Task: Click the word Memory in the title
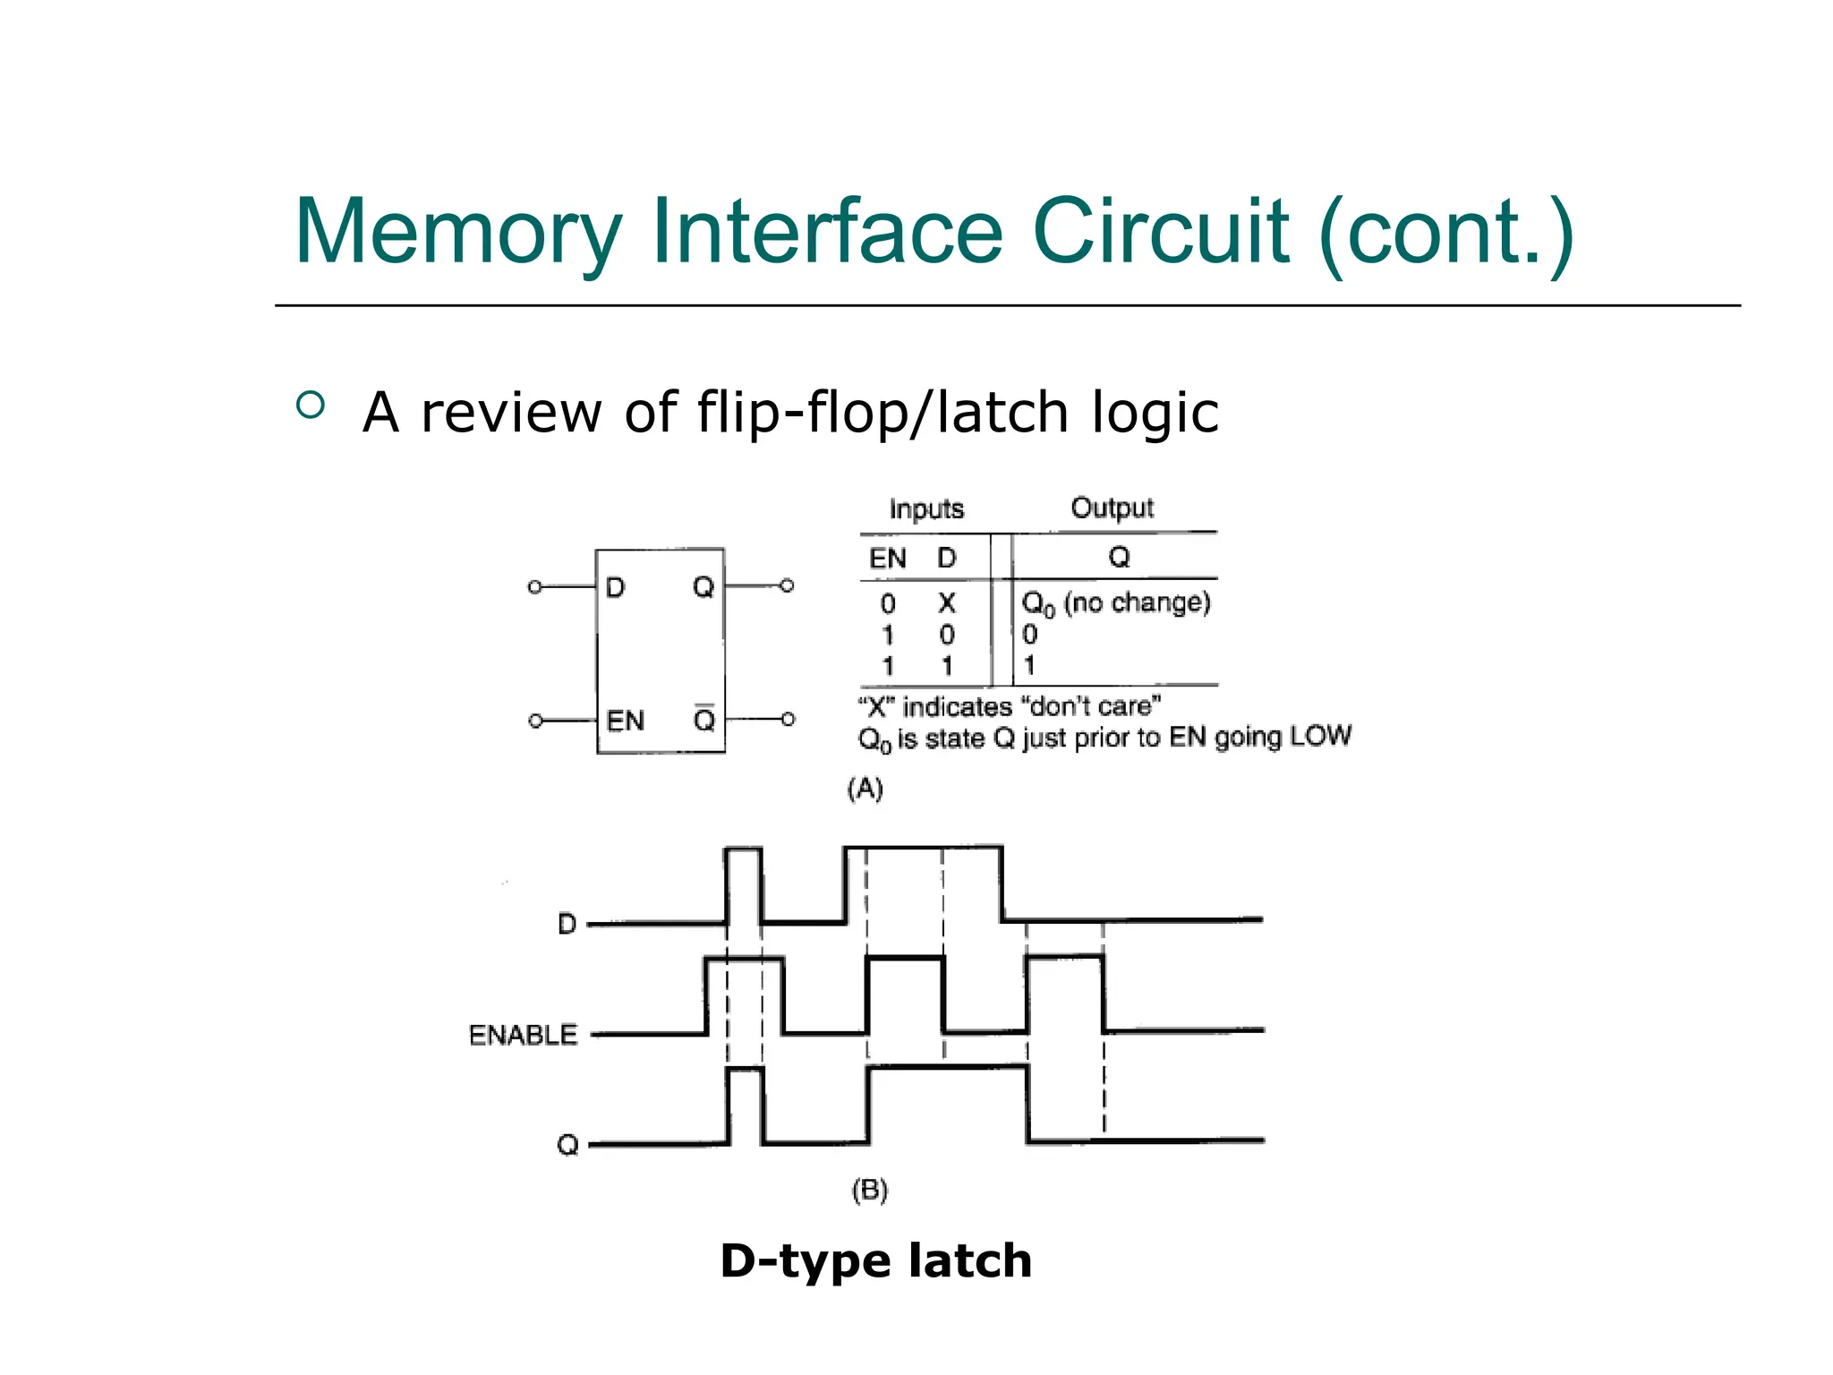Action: tap(456, 233)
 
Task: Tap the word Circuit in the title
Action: tap(1160, 233)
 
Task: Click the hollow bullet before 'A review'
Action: tap(310, 406)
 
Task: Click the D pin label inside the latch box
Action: tap(615, 588)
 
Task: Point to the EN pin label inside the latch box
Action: tap(625, 721)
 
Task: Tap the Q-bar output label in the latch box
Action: tap(704, 719)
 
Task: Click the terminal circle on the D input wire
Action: tap(534, 587)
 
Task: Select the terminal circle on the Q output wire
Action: tap(787, 586)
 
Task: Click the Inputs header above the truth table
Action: tap(926, 509)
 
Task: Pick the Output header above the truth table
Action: tap(1112, 508)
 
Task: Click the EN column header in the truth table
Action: tap(888, 559)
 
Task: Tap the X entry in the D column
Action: tap(946, 603)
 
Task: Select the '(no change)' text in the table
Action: tap(1137, 602)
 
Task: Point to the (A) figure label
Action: tap(865, 789)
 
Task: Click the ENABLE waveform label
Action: tap(523, 1035)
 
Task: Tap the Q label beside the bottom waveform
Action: tap(567, 1145)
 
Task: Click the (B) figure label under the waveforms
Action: tap(869, 1191)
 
